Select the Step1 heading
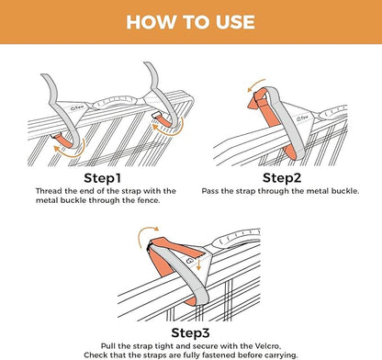(x=103, y=178)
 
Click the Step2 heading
(x=282, y=178)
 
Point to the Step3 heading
(x=190, y=333)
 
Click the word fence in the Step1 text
(x=150, y=201)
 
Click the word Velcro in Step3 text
(x=267, y=346)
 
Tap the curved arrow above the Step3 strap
(x=148, y=236)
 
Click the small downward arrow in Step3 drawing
(x=198, y=264)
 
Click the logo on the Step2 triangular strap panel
(x=303, y=118)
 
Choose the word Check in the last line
(x=95, y=355)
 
